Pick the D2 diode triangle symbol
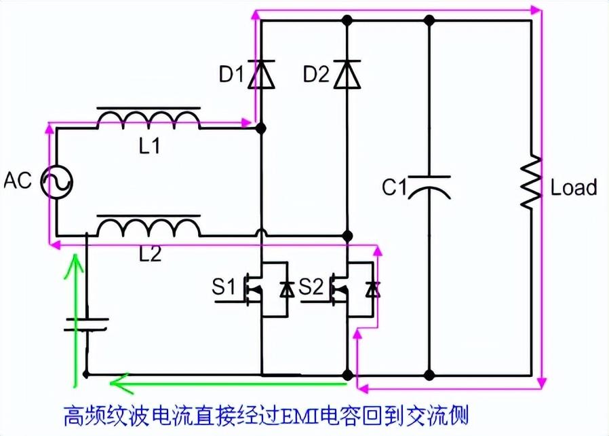pyautogui.click(x=348, y=73)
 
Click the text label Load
pyautogui.click(x=574, y=187)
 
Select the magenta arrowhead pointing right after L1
pyautogui.click(x=245, y=123)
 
